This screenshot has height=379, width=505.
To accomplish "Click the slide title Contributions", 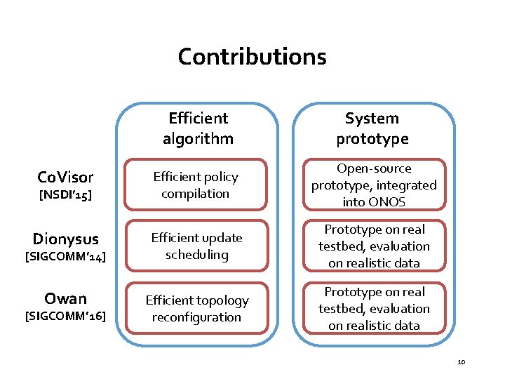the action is pyautogui.click(x=252, y=56).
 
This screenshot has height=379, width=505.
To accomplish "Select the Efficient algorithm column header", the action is pyautogui.click(x=197, y=128).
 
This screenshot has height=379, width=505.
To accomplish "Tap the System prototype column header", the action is pyautogui.click(x=372, y=128).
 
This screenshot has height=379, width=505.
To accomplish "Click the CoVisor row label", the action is pyautogui.click(x=65, y=176).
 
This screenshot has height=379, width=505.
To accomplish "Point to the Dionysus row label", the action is pyautogui.click(x=65, y=239).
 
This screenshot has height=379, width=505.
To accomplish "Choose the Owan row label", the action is pyautogui.click(x=65, y=300).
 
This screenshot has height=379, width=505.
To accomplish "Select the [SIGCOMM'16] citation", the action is pyautogui.click(x=65, y=317).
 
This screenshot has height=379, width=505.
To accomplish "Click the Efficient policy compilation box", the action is pyautogui.click(x=196, y=185).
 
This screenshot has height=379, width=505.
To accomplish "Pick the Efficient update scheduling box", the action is pyautogui.click(x=196, y=246).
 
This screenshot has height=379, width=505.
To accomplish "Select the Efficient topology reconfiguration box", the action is pyautogui.click(x=196, y=308).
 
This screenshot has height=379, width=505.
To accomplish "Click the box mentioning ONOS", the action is pyautogui.click(x=374, y=185).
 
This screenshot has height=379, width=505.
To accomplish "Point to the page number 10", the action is pyautogui.click(x=461, y=362).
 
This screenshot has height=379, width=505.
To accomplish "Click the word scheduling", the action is pyautogui.click(x=196, y=255).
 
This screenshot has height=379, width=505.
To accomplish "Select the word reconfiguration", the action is pyautogui.click(x=196, y=317).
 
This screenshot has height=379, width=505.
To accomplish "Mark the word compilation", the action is pyautogui.click(x=195, y=193).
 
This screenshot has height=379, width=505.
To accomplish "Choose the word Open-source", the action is pyautogui.click(x=374, y=168).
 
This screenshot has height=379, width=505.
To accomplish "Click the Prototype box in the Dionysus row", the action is pyautogui.click(x=374, y=246).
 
